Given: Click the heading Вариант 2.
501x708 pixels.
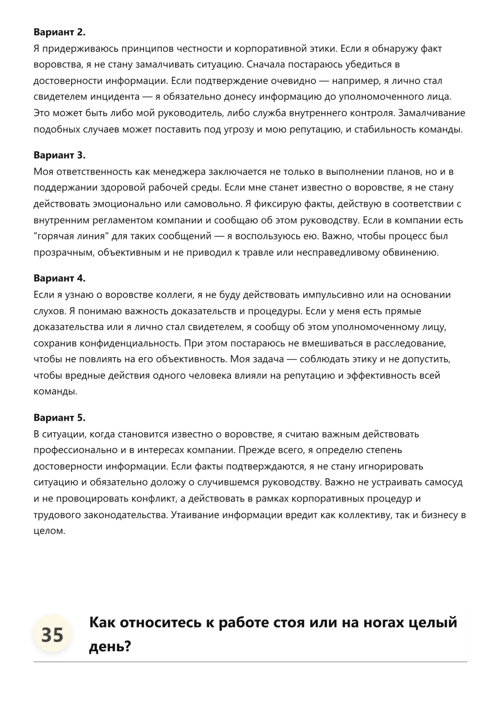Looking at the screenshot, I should (x=59, y=32).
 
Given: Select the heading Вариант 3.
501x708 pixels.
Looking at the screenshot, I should (x=59, y=155).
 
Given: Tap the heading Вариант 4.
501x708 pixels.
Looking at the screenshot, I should (x=59, y=278).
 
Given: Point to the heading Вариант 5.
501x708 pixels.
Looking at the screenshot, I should (x=59, y=418).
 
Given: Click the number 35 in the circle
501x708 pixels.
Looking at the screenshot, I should (x=52, y=634).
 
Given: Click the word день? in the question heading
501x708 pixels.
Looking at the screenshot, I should (x=110, y=647).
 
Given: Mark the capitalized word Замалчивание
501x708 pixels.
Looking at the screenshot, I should (x=431, y=113).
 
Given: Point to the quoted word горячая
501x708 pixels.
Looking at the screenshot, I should (x=55, y=236).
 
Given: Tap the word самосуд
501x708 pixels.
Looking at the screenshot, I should (x=443, y=483).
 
